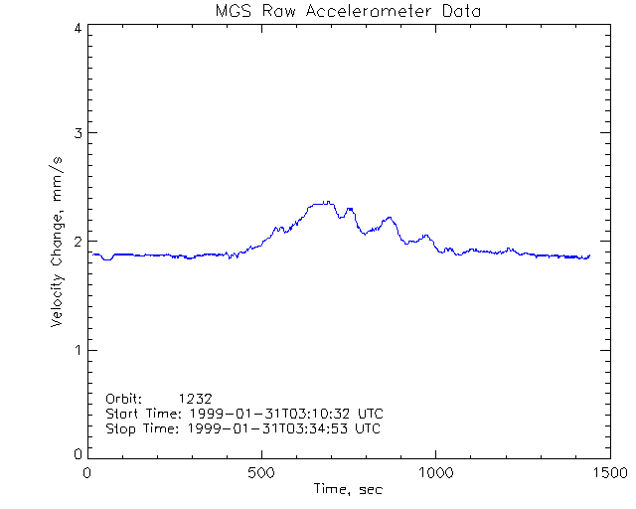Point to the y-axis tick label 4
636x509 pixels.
(x=77, y=28)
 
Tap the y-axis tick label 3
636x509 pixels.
(x=77, y=134)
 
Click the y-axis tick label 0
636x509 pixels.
(x=77, y=454)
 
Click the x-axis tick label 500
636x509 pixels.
(x=261, y=473)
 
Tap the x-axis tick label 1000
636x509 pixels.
(x=434, y=473)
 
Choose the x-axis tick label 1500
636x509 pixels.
(x=608, y=473)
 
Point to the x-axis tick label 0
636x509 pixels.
(x=87, y=473)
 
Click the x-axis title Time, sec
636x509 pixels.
(x=348, y=489)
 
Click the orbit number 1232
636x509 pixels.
(x=196, y=397)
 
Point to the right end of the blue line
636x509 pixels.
(x=589, y=255)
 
